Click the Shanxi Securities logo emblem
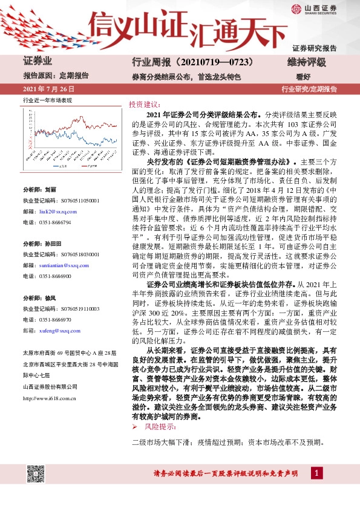click(296, 8)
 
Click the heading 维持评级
click(307, 62)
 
